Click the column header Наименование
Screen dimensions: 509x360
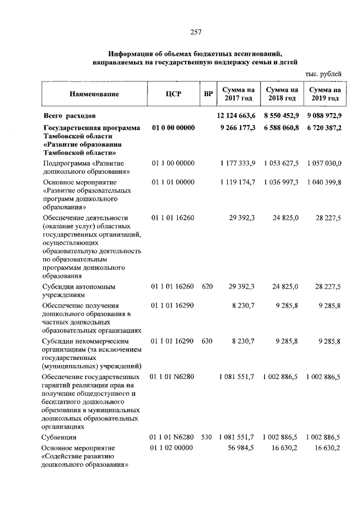pyautogui.click(x=94, y=94)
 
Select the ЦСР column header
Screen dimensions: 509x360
pyautogui.click(x=173, y=94)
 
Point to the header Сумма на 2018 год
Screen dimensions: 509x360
pyautogui.click(x=282, y=93)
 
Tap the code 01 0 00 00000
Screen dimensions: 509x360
pyautogui.click(x=173, y=128)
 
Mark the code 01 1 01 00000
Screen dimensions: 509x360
pyautogui.click(x=173, y=182)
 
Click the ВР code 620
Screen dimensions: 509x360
pyautogui.click(x=207, y=286)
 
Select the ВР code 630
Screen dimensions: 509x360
pyautogui.click(x=207, y=341)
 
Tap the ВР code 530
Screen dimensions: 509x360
pyautogui.click(x=207, y=436)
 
